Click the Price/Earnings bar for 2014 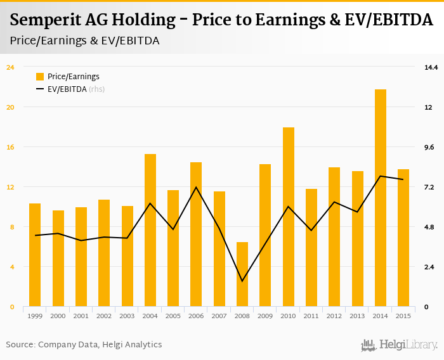pos(381,198)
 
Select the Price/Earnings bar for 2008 pos(242,274)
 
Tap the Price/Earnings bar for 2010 pos(289,217)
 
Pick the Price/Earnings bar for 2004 pos(150,230)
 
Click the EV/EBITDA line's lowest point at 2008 pos(242,281)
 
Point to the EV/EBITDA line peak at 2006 pos(197,187)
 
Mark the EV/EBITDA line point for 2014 pos(381,176)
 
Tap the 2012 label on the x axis pos(334,316)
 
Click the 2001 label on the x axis pos(81,316)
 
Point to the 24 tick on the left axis pos(10,67)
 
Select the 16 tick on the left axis pos(10,147)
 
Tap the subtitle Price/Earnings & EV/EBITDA pos(85,41)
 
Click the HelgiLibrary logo pos(399,345)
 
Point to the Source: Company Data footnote pos(84,345)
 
